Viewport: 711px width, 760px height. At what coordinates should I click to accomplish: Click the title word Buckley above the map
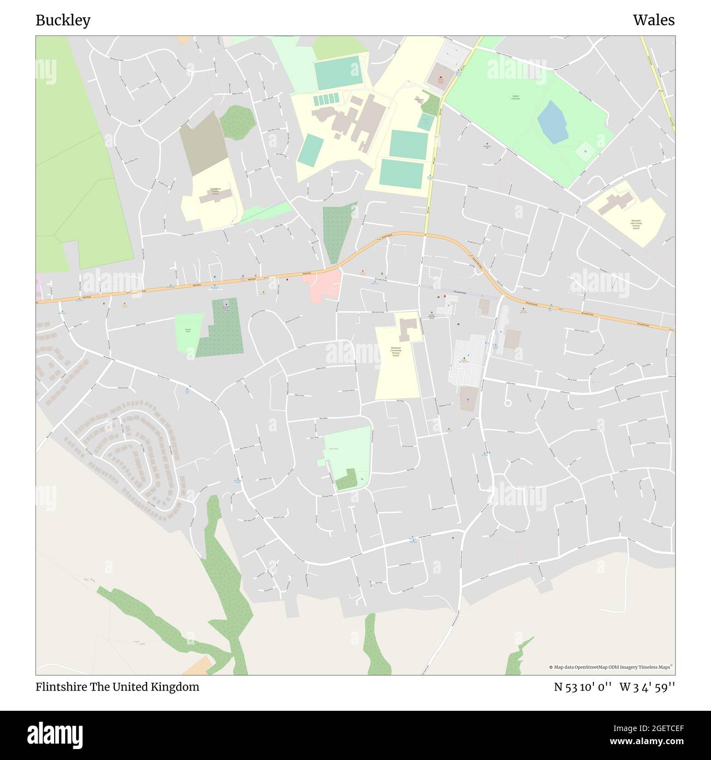point(63,21)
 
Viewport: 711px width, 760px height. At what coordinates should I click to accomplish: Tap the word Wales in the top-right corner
point(654,21)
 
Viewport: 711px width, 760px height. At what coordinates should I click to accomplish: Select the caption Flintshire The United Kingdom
point(117,687)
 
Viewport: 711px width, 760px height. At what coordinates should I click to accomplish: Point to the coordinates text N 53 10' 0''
point(584,687)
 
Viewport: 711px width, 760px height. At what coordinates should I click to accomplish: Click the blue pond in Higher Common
point(552,122)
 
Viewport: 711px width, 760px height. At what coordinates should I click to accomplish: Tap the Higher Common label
point(515,97)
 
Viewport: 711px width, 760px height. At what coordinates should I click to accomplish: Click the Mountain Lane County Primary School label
point(636,224)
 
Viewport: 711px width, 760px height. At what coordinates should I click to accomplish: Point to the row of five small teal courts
point(327,99)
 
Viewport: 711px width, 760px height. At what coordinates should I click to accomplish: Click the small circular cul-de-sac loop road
point(508,403)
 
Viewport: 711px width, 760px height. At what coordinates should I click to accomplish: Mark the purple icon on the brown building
point(468,400)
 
